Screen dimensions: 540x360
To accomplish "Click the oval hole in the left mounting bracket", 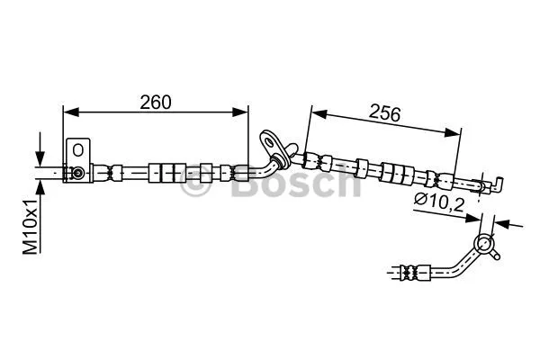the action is tap(79, 149).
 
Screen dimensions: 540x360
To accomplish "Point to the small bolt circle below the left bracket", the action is tap(79, 172).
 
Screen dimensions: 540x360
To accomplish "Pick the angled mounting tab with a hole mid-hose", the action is tap(271, 142).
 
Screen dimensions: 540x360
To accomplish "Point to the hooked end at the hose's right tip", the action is tap(496, 184).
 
